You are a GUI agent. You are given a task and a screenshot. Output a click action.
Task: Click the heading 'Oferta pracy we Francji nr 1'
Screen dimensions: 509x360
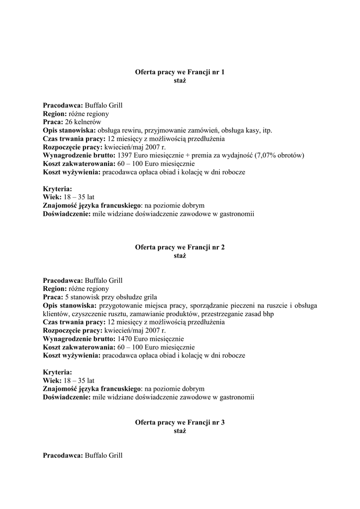180,72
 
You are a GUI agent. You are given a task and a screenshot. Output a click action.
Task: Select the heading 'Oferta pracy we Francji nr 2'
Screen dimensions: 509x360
180,247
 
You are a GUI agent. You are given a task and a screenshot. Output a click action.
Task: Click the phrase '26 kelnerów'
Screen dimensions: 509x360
83,122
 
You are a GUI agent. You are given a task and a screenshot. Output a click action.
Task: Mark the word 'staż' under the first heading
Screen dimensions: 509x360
180,81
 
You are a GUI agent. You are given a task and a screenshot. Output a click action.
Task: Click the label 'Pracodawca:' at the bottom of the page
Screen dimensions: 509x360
63,455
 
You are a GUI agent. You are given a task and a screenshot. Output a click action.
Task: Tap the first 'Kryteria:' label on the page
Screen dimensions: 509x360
58,189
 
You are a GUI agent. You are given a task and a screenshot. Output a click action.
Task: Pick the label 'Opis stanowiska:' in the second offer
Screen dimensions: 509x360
70,305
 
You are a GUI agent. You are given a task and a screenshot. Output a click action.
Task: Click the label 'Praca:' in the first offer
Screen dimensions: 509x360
53,122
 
